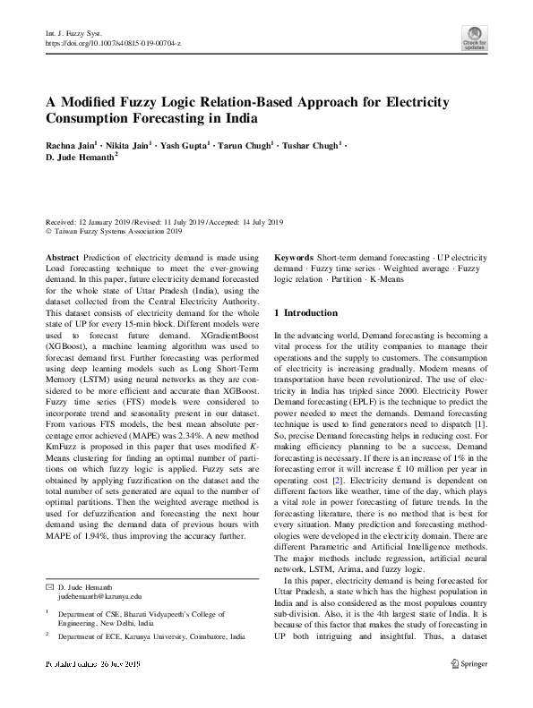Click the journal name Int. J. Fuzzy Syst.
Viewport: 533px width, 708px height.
[69, 32]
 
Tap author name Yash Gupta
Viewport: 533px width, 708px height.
[185, 144]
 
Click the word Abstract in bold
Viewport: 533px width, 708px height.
[62, 256]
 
